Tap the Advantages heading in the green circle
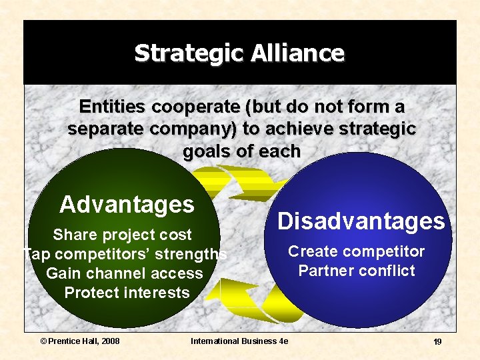click(127, 204)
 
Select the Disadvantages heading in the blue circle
click(361, 221)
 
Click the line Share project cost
click(122, 235)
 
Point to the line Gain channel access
click(125, 273)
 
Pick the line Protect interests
click(127, 293)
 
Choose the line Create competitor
click(356, 251)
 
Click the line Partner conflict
click(357, 271)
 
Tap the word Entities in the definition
click(113, 107)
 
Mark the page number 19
click(437, 341)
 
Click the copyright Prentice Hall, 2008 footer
click(80, 341)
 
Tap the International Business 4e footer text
click(239, 341)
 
